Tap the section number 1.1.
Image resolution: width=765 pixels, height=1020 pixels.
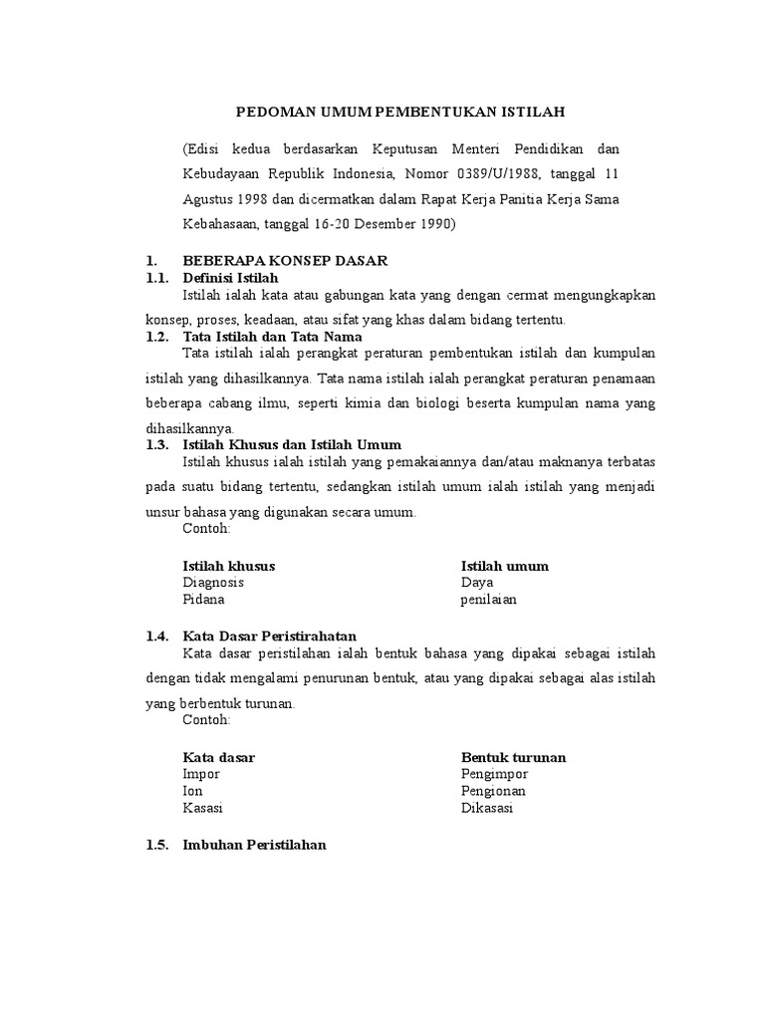click(x=158, y=277)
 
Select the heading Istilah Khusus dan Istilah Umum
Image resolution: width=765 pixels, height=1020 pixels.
click(x=292, y=444)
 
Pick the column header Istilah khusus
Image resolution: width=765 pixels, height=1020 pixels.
click(x=229, y=566)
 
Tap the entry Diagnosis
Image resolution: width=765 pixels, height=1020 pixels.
click(x=213, y=583)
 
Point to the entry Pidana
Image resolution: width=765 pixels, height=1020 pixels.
click(x=203, y=600)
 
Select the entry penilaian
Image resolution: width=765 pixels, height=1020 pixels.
click(x=488, y=600)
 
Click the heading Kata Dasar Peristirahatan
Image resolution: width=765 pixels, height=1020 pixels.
click(x=270, y=636)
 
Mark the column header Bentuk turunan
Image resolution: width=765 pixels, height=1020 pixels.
click(x=514, y=757)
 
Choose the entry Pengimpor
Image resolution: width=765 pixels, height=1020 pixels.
click(x=494, y=774)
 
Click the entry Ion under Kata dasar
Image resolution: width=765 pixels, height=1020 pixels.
click(x=192, y=791)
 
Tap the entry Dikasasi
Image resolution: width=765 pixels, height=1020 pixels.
click(x=487, y=808)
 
